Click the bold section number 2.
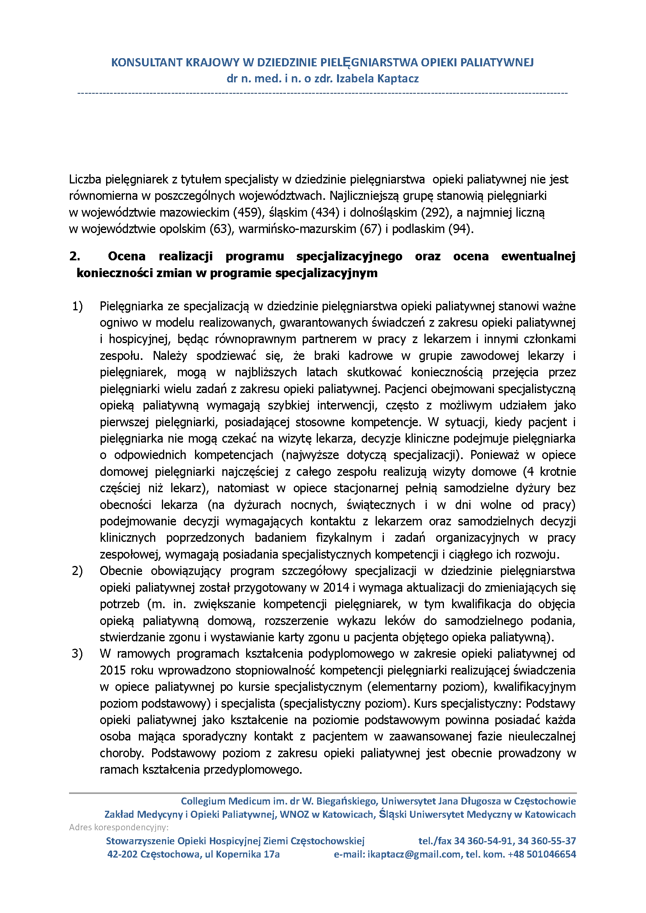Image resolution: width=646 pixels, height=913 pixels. tap(75, 256)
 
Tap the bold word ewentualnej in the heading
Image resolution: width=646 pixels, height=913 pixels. tap(538, 256)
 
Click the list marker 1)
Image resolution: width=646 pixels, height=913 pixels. tap(77, 306)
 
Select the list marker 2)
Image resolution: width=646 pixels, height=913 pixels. tap(77, 571)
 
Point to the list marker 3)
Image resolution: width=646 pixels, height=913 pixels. tap(77, 653)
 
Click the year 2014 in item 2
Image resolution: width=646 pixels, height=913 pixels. tap(336, 587)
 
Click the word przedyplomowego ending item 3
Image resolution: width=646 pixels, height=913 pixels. tap(253, 769)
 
